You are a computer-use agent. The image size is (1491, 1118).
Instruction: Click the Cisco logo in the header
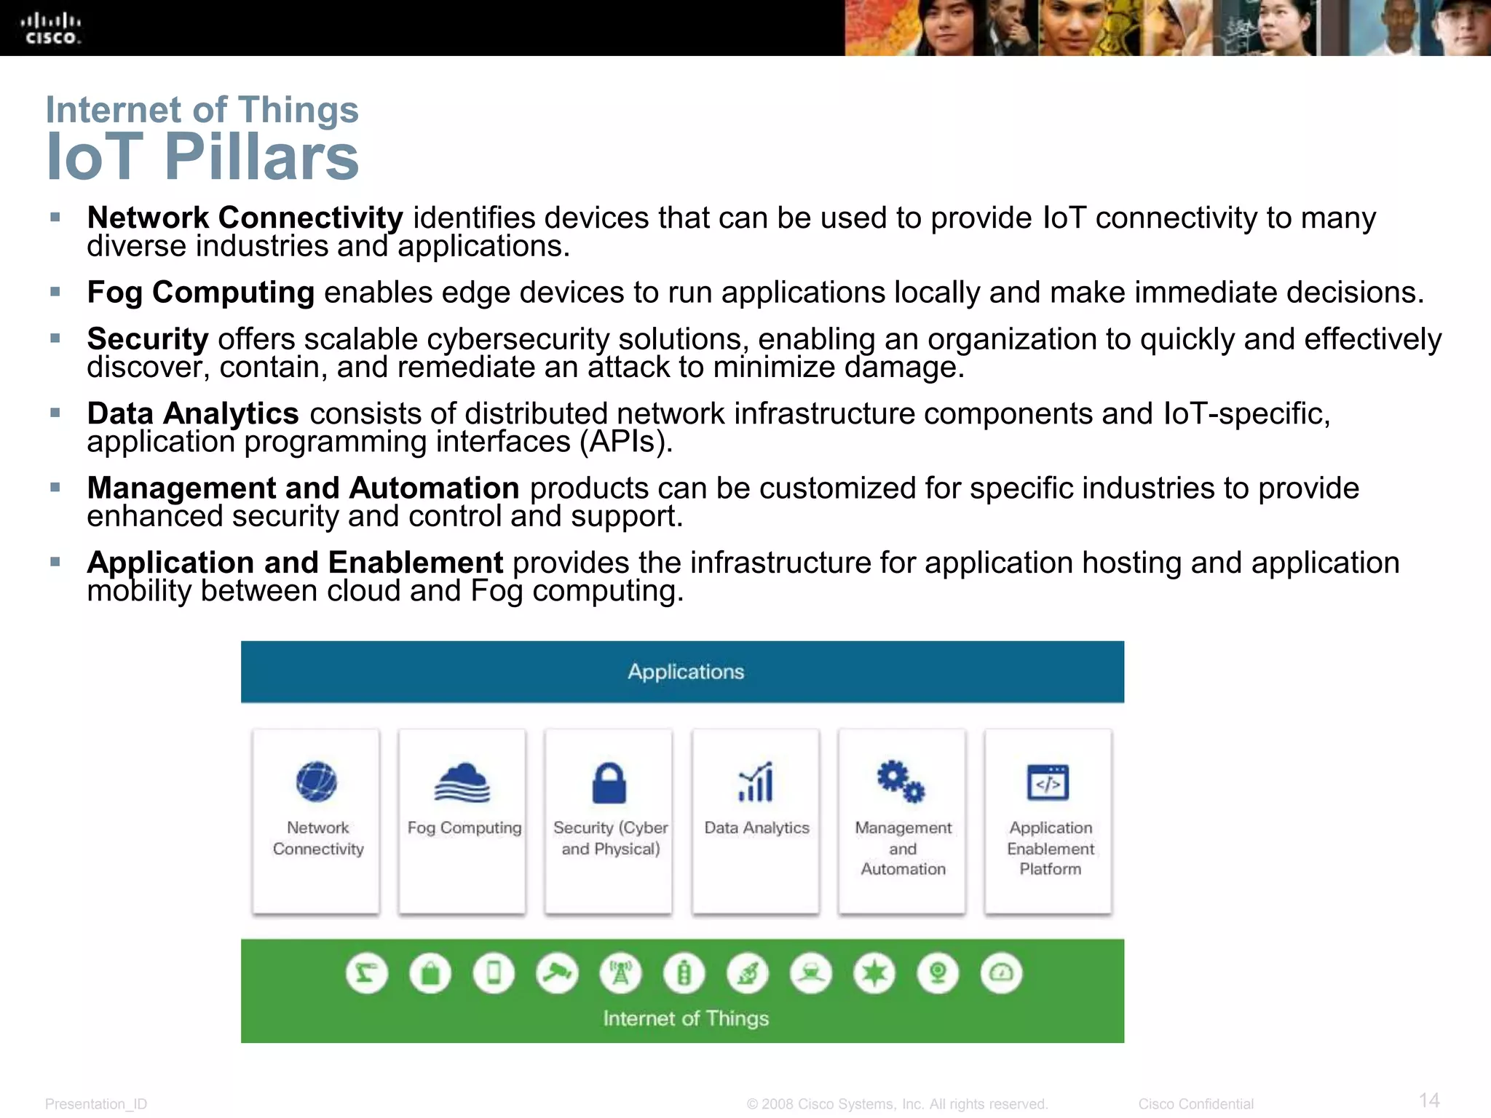[50, 28]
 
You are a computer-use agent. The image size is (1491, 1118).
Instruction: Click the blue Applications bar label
[686, 671]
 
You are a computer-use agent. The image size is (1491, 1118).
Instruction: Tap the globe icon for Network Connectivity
[317, 782]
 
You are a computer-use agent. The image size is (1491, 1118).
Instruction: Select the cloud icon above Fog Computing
[462, 782]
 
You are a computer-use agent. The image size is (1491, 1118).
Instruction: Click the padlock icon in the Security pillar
[609, 783]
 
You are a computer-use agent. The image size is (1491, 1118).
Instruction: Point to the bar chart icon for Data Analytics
[756, 782]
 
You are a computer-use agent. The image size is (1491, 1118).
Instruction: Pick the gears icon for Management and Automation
[901, 782]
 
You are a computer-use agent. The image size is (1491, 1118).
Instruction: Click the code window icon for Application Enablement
[1048, 782]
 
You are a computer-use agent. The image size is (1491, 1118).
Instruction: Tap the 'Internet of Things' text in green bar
[686, 1018]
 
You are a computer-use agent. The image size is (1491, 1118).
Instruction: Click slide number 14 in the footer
[1429, 1100]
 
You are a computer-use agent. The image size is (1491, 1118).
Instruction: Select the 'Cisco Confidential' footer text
[1195, 1104]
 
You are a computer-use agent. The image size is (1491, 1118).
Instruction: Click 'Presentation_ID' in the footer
[96, 1104]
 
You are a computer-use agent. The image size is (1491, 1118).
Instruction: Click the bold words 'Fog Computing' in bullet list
[200, 293]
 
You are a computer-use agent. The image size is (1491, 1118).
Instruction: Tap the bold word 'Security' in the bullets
[148, 339]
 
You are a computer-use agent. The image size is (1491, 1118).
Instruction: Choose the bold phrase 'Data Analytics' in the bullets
[193, 413]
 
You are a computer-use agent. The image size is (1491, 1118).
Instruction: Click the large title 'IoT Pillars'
[202, 156]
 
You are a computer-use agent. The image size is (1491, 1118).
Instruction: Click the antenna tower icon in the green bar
[620, 974]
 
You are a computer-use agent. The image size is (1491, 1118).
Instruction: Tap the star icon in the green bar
[874, 974]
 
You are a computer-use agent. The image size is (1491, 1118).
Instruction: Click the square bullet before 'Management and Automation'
[55, 487]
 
